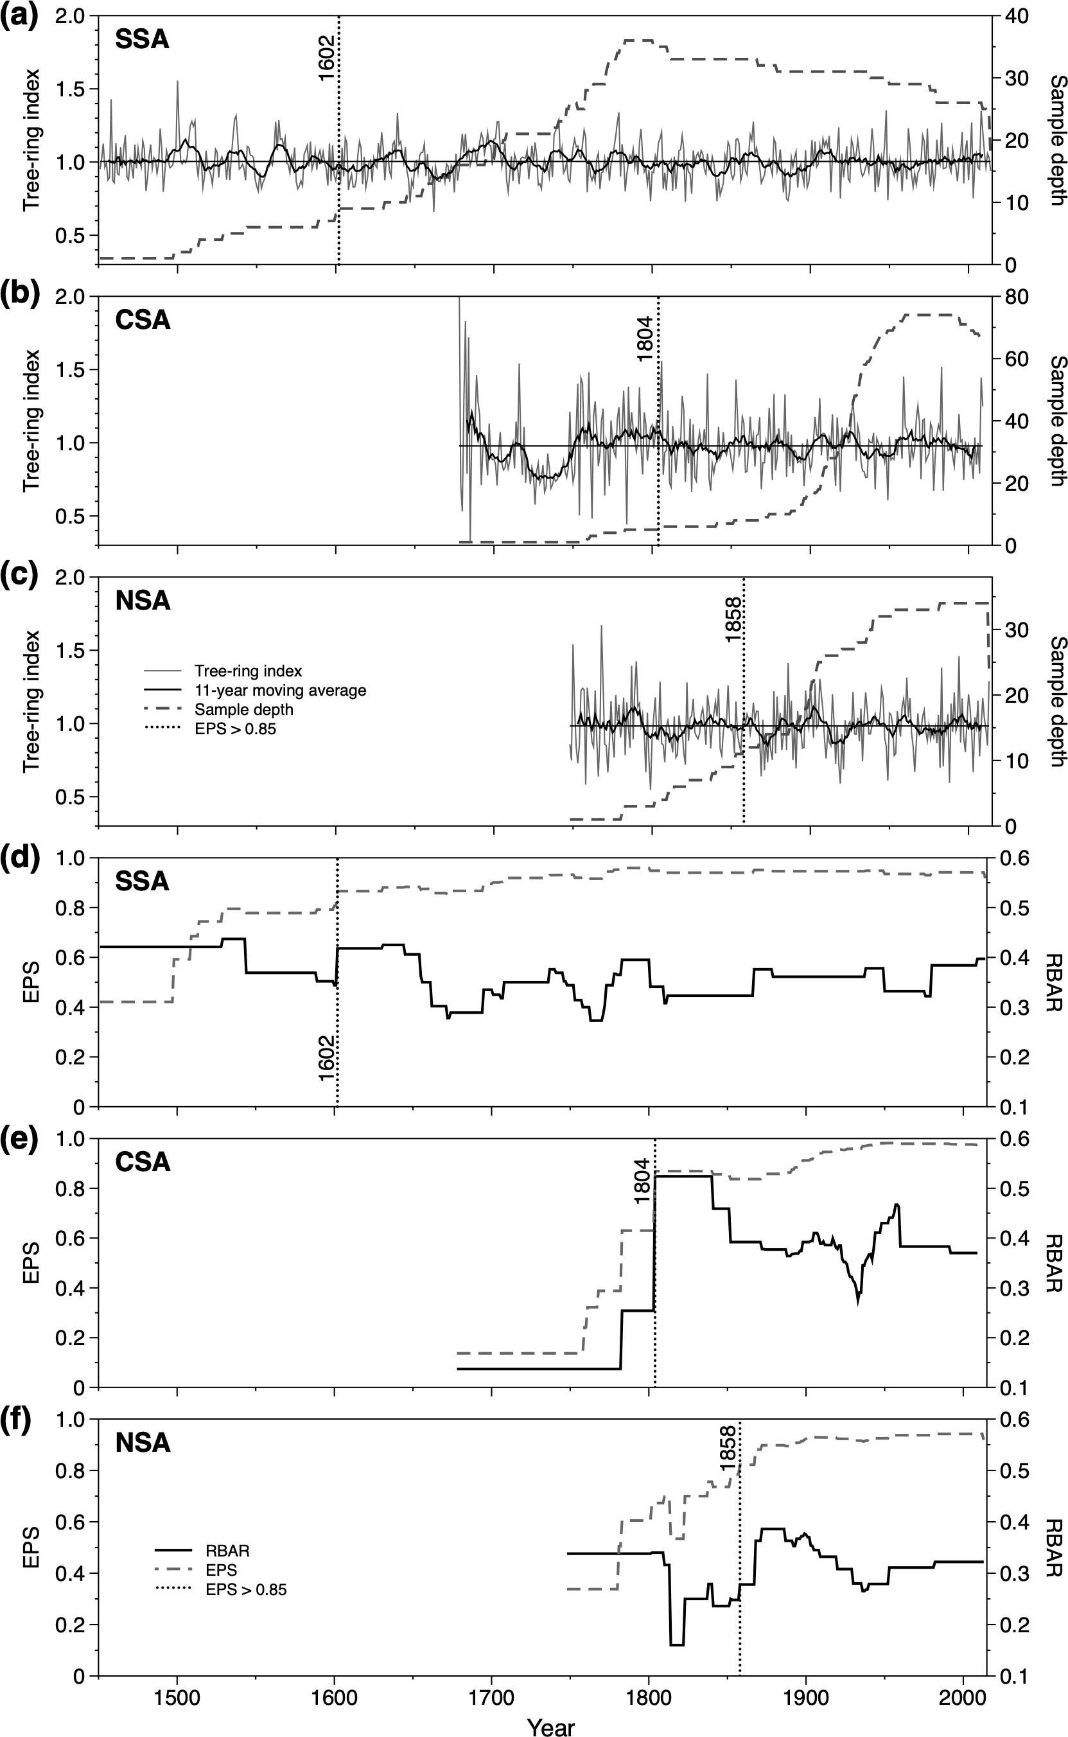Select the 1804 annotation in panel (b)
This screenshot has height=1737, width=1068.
(645, 340)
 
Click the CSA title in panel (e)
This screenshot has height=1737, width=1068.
(143, 1161)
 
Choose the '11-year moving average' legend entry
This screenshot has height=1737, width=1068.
(281, 690)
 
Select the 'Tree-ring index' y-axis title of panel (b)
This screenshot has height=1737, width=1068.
(31, 420)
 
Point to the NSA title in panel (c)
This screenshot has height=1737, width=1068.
(143, 601)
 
